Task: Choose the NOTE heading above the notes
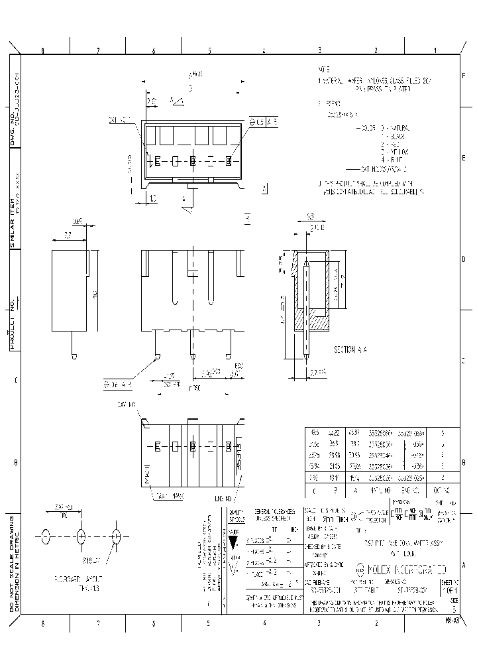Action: click(323, 69)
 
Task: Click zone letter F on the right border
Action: click(463, 76)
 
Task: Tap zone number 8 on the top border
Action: click(43, 50)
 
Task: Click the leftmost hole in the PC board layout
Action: click(46, 536)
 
